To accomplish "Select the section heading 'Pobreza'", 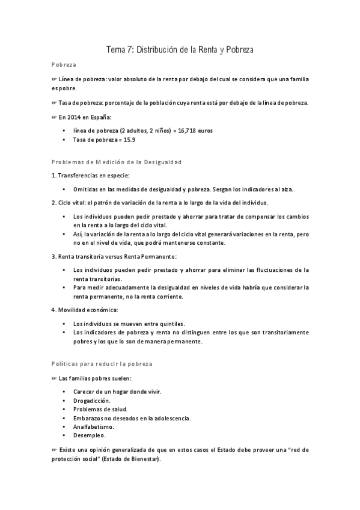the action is click(x=64, y=66).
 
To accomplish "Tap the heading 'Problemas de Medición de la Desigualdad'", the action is click(x=117, y=163).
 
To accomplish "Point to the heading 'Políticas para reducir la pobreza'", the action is click(x=102, y=364).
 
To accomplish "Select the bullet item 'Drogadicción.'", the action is click(x=91, y=400).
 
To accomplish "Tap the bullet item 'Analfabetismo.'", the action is click(x=93, y=426).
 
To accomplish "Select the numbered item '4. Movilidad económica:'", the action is click(x=85, y=310).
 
